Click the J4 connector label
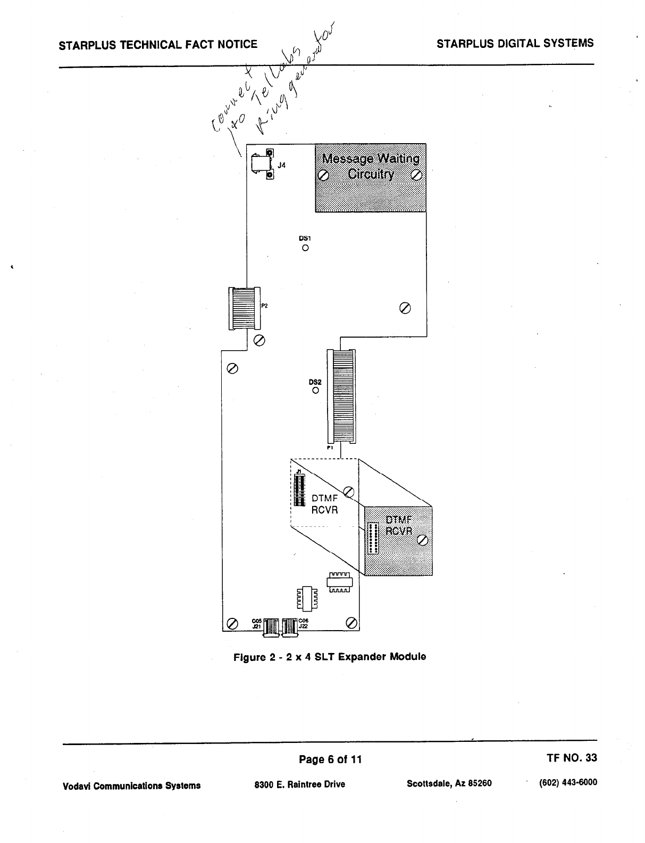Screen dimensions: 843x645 click(282, 166)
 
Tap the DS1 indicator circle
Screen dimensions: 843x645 click(305, 247)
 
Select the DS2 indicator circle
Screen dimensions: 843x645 click(315, 390)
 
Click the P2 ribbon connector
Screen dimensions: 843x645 click(244, 308)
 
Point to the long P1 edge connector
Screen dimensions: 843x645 click(341, 396)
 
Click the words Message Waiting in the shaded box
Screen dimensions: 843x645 click(371, 159)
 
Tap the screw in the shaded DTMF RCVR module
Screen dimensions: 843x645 click(423, 540)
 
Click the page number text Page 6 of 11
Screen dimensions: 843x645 click(330, 759)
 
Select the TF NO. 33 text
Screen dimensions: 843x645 click(572, 758)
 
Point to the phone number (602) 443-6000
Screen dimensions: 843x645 click(568, 782)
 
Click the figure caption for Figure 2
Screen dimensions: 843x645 click(330, 657)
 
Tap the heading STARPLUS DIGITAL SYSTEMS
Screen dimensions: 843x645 click(515, 44)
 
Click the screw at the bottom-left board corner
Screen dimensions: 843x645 click(232, 623)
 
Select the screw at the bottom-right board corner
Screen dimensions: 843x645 click(351, 623)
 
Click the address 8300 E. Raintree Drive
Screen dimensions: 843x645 click(300, 784)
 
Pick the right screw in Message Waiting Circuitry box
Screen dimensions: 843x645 click(417, 175)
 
